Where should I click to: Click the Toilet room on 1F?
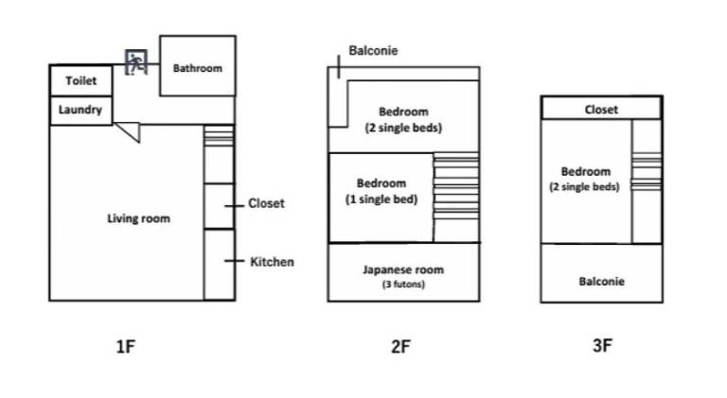[x=80, y=80]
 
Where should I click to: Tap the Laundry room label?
[x=80, y=110]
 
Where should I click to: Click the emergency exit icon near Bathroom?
[x=138, y=62]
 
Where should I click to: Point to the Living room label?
[x=138, y=218]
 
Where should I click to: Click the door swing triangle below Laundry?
[x=129, y=133]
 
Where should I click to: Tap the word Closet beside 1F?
[x=266, y=203]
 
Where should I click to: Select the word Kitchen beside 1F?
[x=272, y=262]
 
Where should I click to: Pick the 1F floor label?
[x=126, y=346]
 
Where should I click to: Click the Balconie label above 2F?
[x=373, y=51]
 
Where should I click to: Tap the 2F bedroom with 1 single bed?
[x=381, y=197]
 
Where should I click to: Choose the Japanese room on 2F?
[x=402, y=274]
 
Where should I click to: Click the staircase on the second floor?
[x=456, y=189]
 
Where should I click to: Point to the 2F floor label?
[x=400, y=346]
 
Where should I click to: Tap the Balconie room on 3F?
[x=601, y=281]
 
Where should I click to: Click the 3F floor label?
[x=601, y=346]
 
